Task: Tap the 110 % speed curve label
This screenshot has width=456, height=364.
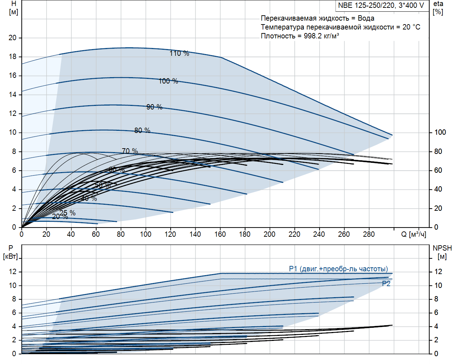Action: [179, 53]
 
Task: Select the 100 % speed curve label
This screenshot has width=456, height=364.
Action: [168, 81]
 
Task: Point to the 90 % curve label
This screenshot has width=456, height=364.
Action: [154, 107]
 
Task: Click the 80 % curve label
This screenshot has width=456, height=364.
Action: [142, 130]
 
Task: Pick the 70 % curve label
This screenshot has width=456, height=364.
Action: [130, 151]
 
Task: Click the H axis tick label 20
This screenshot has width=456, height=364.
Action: [12, 38]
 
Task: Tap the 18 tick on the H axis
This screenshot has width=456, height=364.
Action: [12, 57]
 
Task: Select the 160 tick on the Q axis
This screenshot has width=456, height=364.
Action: [220, 234]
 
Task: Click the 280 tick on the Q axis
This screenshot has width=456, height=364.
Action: [369, 234]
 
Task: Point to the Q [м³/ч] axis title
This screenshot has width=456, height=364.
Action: [414, 234]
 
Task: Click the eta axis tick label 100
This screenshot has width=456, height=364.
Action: [440, 132]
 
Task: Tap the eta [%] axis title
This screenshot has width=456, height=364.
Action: [438, 8]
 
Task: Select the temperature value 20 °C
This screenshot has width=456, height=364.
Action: [411, 27]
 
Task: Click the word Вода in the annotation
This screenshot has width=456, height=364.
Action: [366, 18]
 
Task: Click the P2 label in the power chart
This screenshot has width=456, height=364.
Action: [386, 284]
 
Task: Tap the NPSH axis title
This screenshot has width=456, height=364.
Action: [442, 248]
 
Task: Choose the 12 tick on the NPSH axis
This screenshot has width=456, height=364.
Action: [438, 272]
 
